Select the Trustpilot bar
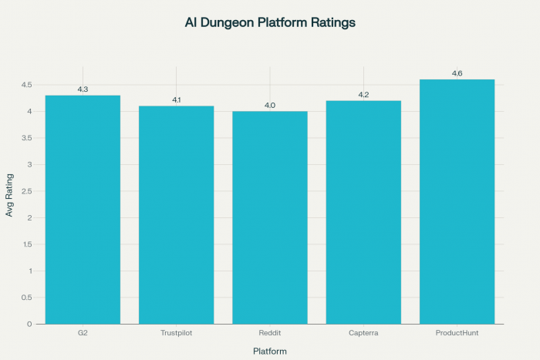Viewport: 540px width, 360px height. pyautogui.click(x=176, y=215)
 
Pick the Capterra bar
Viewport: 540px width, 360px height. pyautogui.click(x=363, y=212)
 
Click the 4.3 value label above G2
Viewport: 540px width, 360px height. pyautogui.click(x=83, y=90)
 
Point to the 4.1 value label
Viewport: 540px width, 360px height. pyautogui.click(x=176, y=100)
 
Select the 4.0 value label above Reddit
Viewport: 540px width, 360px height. pyautogui.click(x=270, y=106)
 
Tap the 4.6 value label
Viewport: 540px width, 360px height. pyautogui.click(x=457, y=74)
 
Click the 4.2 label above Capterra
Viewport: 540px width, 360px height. pyautogui.click(x=363, y=95)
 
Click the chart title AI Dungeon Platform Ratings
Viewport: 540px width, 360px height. pyautogui.click(x=270, y=22)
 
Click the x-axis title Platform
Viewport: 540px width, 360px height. pyautogui.click(x=270, y=352)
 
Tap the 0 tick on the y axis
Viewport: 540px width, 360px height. pyautogui.click(x=29, y=324)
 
